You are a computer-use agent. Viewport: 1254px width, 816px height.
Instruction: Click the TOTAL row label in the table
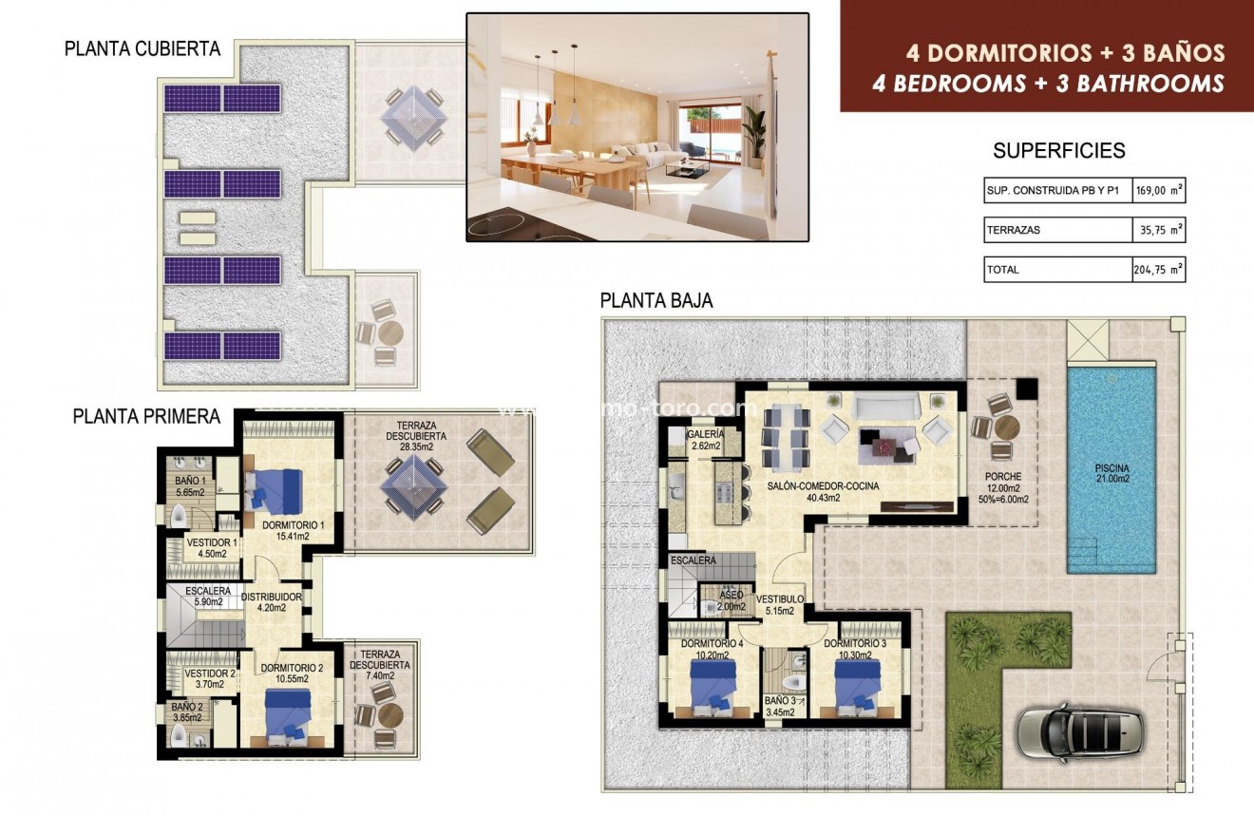click(x=1002, y=270)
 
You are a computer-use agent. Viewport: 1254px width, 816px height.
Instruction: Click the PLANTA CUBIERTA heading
click(x=142, y=48)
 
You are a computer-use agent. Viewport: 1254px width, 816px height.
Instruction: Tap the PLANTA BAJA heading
click(x=656, y=301)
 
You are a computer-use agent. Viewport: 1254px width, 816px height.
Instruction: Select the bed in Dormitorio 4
click(x=712, y=685)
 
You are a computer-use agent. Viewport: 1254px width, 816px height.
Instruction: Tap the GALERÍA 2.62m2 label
click(x=705, y=439)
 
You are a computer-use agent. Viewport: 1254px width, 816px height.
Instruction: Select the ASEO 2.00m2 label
click(x=731, y=600)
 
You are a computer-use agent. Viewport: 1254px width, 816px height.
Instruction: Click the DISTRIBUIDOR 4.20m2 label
click(x=271, y=602)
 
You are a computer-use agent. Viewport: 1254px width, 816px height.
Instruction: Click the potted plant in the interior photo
click(x=754, y=138)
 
